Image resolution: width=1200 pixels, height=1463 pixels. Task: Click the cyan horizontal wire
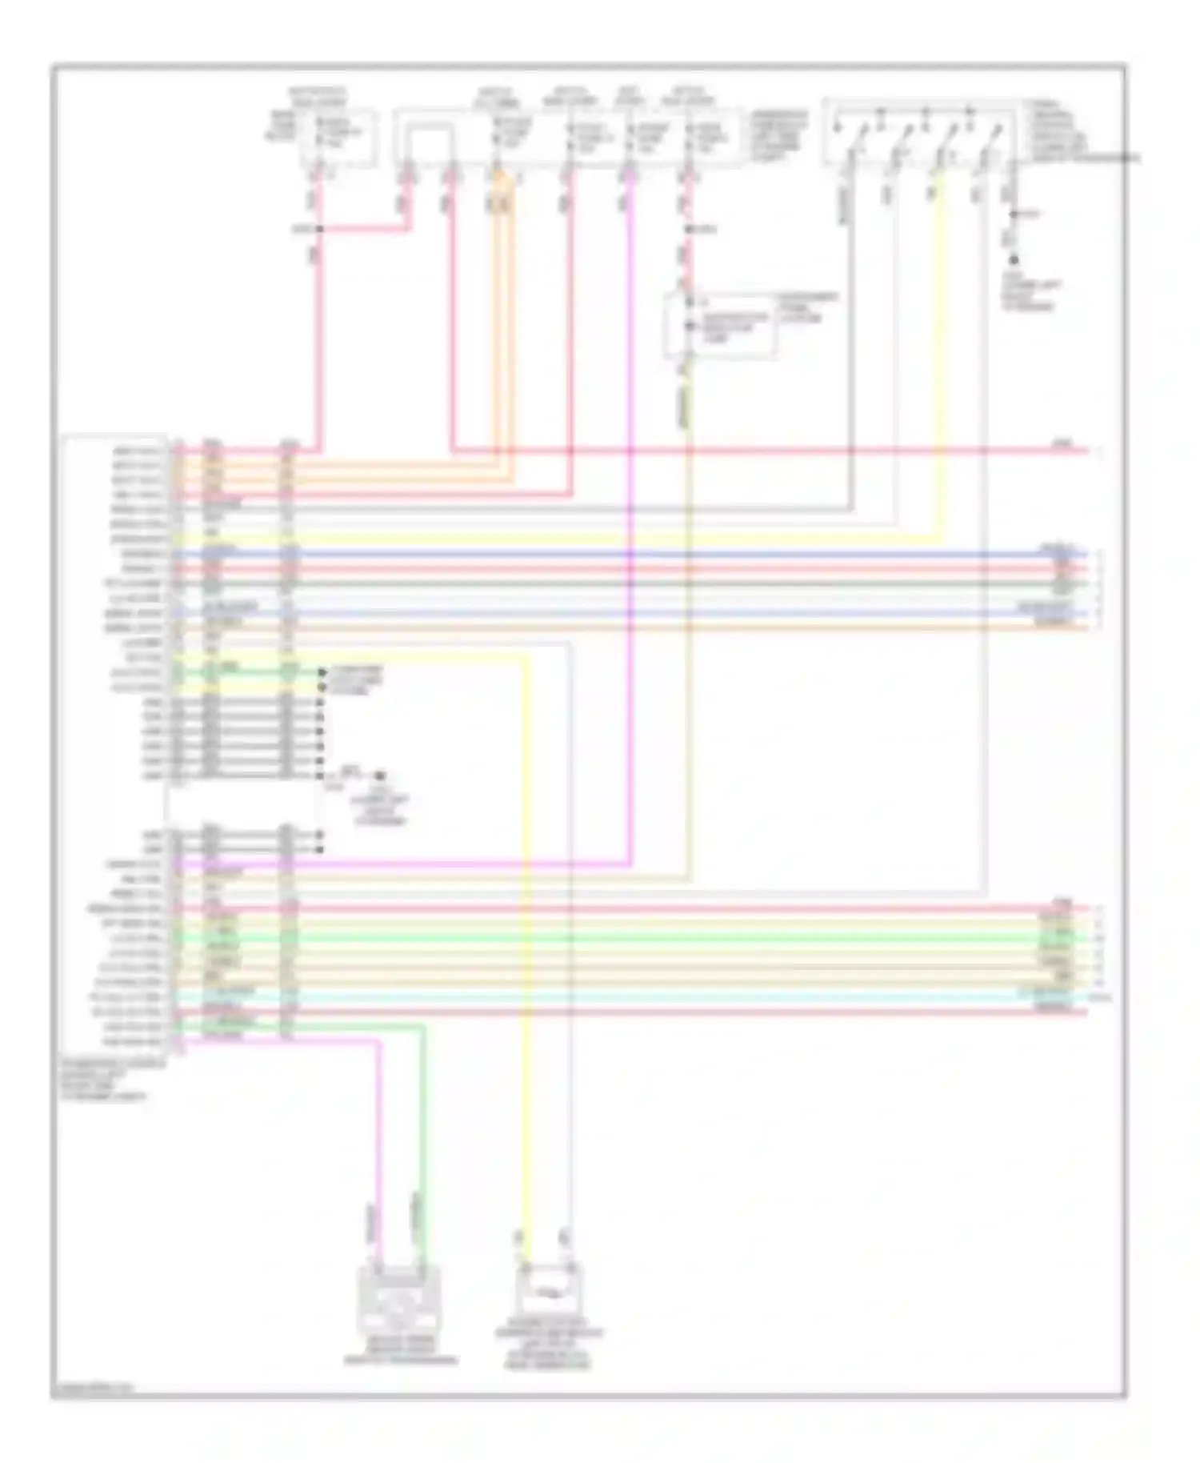(640, 997)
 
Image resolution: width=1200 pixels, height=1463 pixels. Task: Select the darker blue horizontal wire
(640, 554)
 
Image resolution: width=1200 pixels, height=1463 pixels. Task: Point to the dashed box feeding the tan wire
(718, 326)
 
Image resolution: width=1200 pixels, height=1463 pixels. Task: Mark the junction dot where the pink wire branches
(319, 230)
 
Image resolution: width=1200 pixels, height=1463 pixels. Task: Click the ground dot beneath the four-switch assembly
(1014, 260)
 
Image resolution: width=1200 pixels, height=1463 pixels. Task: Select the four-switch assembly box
(920, 132)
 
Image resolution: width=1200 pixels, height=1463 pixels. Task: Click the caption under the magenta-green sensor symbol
(400, 1352)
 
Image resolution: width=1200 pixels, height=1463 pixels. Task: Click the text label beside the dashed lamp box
(808, 307)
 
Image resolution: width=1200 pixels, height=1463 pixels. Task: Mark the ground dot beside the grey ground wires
(381, 776)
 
